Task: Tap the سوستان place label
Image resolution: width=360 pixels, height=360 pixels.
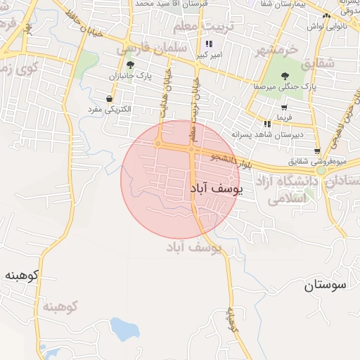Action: [x=326, y=285]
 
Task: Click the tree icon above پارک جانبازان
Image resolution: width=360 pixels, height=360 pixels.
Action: [x=130, y=65]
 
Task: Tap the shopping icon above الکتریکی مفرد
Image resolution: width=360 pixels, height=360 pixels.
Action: [x=109, y=99]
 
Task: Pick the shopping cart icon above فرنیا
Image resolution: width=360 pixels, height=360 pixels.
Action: [x=283, y=108]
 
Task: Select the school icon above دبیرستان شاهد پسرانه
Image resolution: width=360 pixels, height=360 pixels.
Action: [x=266, y=124]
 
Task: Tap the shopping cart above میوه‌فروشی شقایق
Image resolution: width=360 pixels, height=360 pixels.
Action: [x=317, y=150]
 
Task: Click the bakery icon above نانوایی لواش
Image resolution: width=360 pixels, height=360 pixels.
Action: [x=325, y=16]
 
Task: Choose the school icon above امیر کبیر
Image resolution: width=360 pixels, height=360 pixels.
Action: [x=208, y=44]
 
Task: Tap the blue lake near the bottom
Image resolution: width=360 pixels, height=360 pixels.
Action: [x=124, y=328]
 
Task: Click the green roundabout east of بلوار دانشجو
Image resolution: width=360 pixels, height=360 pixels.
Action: [x=321, y=169]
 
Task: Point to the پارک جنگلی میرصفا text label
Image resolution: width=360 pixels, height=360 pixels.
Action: [x=285, y=88]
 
